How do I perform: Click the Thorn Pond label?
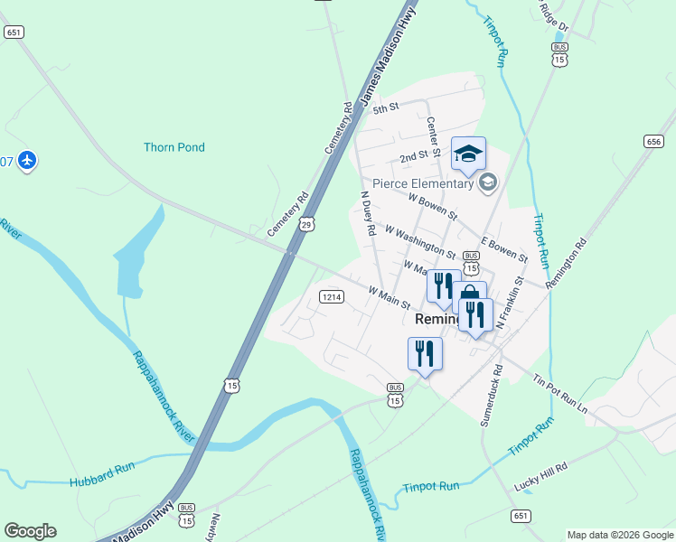[x=174, y=147]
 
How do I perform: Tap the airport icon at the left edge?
[x=26, y=161]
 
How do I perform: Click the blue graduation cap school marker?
[x=468, y=154]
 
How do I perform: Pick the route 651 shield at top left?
[x=13, y=32]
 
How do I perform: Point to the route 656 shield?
[x=654, y=141]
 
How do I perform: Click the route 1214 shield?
[x=331, y=296]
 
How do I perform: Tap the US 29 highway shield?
[x=307, y=224]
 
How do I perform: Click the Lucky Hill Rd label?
[x=540, y=472]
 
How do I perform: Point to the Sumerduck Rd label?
[x=491, y=395]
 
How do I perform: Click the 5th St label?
[x=387, y=107]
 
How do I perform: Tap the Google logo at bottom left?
[x=30, y=531]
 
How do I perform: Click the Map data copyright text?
[x=619, y=535]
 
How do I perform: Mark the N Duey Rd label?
[x=367, y=214]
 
